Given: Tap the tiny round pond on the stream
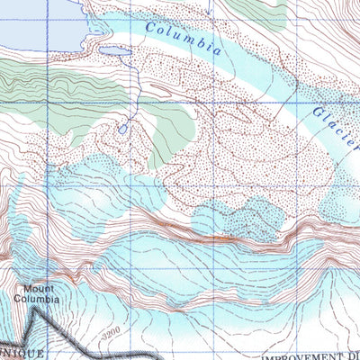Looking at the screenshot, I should [x=122, y=129].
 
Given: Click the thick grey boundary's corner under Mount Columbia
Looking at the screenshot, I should [x=36, y=311].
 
